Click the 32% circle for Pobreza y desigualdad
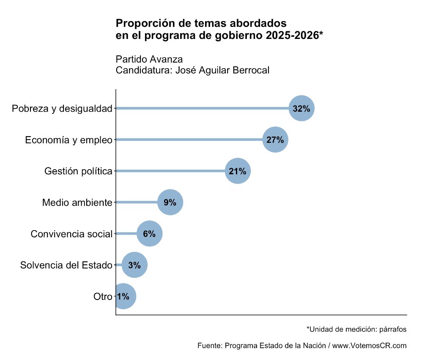point(301,108)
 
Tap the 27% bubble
point(275,140)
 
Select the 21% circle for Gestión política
point(238,171)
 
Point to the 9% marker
point(170,202)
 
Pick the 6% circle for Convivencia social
point(149,234)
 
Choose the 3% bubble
point(134,265)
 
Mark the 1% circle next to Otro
point(123,296)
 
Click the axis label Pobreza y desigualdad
point(62,109)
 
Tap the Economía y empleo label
point(68,140)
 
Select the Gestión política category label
point(78,171)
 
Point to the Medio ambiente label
point(77,203)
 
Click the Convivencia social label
point(71,234)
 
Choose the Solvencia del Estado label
point(66,265)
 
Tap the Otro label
point(102,297)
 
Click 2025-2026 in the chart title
point(292,36)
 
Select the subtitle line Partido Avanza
point(149,59)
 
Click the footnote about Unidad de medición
point(356,329)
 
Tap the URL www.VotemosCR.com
point(369,346)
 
